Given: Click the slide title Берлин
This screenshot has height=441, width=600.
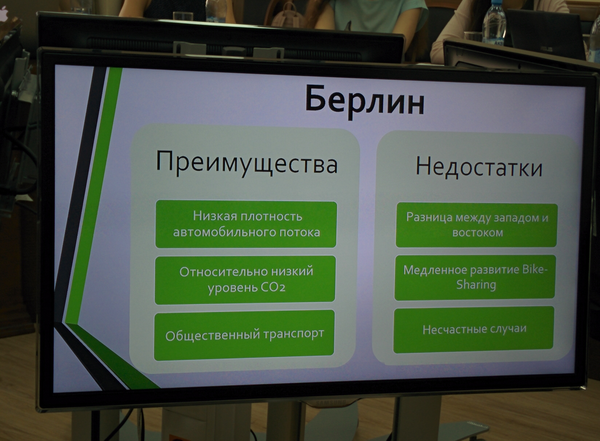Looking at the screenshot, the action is coord(365,102).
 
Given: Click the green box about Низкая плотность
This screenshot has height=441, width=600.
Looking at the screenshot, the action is coord(246,224).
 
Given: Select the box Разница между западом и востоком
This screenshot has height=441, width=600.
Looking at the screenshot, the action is coord(477,225).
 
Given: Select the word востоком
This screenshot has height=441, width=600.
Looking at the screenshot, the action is coord(478,233).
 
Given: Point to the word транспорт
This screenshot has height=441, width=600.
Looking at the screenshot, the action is coord(294,334).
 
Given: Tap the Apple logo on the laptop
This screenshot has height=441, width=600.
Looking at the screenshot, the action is coord(3,12).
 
